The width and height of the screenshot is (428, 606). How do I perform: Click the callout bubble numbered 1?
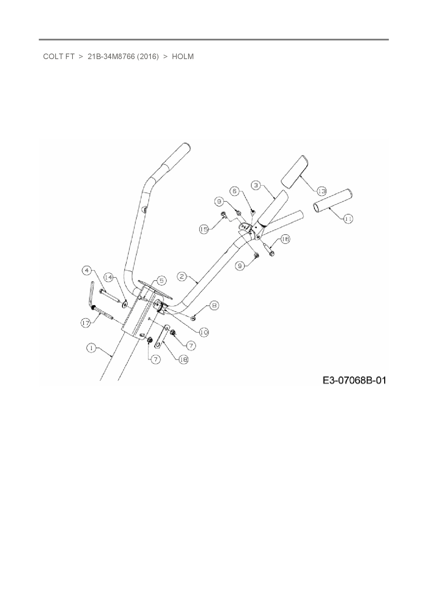(x=91, y=348)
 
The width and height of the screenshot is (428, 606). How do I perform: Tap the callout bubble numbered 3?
(x=256, y=185)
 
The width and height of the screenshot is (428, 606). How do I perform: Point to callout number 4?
(x=88, y=270)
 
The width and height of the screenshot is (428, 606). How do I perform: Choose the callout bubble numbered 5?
(x=161, y=281)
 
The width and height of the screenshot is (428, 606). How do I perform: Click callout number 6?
(x=235, y=191)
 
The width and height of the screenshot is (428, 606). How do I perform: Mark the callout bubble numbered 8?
(x=214, y=305)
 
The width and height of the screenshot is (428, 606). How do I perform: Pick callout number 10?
(x=204, y=332)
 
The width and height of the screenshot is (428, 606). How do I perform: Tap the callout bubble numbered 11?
(x=348, y=218)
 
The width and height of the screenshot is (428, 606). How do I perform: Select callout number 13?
(x=321, y=191)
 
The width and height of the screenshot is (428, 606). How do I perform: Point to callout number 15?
(x=205, y=229)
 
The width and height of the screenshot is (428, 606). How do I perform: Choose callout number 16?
(x=285, y=239)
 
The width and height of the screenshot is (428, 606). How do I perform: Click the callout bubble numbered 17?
(x=86, y=323)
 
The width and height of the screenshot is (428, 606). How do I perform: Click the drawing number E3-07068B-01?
(x=354, y=380)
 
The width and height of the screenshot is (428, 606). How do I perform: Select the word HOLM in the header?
(x=183, y=57)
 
